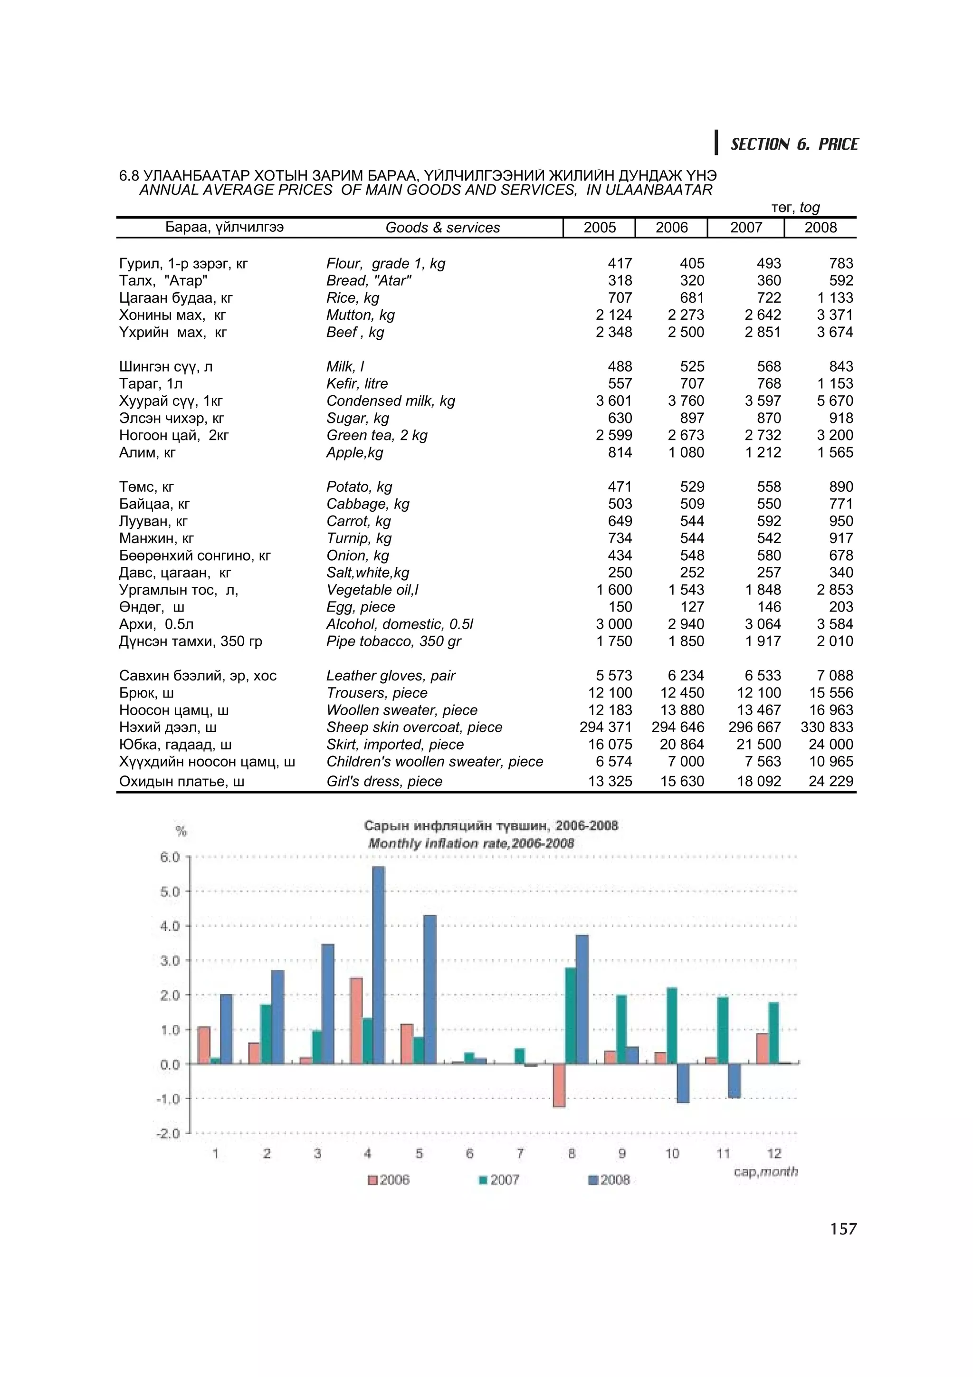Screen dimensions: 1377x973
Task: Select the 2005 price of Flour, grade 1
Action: pos(620,263)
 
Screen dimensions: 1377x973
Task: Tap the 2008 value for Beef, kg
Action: pos(835,332)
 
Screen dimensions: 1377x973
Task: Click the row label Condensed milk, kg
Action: pos(390,401)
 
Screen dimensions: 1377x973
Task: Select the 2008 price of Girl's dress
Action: pos(830,782)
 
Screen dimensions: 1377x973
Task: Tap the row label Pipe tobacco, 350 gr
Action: pos(393,642)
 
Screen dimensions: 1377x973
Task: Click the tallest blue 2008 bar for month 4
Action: pos(378,966)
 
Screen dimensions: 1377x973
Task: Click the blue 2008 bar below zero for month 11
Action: pos(735,1080)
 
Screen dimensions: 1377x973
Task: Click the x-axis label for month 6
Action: pos(469,1153)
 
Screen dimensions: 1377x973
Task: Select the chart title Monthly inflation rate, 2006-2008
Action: pos(471,844)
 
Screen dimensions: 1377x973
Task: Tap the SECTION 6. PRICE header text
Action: pos(794,144)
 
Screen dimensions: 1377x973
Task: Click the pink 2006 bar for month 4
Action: pos(356,1021)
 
